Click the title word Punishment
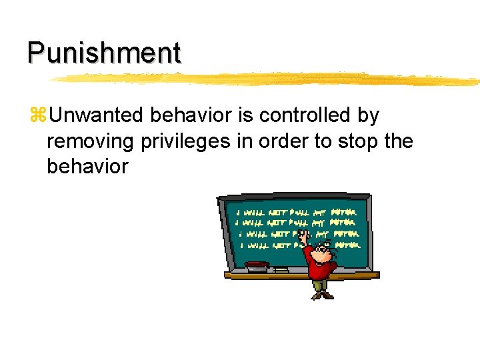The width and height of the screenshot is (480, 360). click(x=104, y=53)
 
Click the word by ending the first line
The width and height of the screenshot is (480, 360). click(x=368, y=116)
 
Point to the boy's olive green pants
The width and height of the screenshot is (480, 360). click(x=322, y=285)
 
